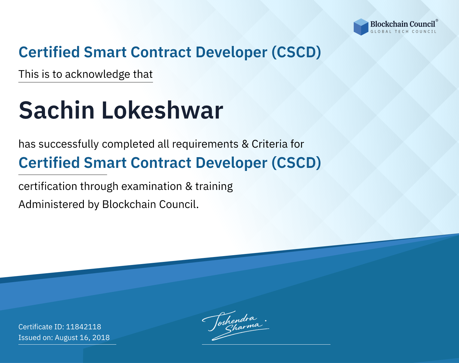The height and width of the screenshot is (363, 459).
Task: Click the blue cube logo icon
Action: tap(361, 27)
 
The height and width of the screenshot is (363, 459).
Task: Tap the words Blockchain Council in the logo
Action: tap(402, 24)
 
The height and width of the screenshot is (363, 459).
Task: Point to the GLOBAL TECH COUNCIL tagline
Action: tap(403, 32)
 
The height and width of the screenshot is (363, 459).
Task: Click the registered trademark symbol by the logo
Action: tap(437, 21)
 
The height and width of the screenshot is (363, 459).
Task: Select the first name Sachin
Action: tap(57, 110)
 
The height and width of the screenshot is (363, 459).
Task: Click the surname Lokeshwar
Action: tap(162, 110)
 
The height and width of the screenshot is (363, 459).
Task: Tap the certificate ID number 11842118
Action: tap(84, 327)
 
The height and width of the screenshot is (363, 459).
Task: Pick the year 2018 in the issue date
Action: tap(101, 337)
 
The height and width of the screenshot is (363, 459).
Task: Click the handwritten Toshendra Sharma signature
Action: tap(235, 325)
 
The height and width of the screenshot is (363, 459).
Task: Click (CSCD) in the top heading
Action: tap(296, 52)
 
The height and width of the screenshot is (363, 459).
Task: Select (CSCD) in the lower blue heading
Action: tap(296, 163)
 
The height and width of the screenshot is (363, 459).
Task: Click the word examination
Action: tap(152, 186)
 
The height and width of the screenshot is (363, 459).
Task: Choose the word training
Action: tap(214, 187)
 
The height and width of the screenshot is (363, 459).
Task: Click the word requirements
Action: tap(205, 144)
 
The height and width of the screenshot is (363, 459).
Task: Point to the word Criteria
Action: tap(269, 144)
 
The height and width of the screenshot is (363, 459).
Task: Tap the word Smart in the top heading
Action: tap(105, 52)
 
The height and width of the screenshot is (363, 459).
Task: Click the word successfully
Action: tap(69, 144)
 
